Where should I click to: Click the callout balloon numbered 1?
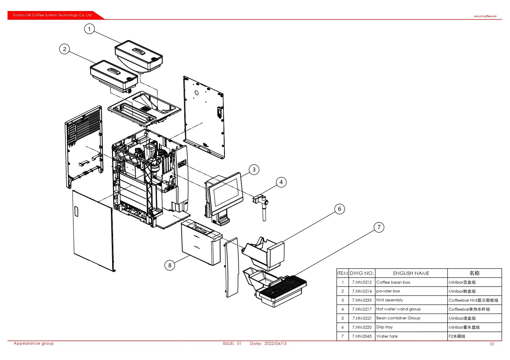[x=89, y=29]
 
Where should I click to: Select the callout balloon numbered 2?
[x=65, y=49]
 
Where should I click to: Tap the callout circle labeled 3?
[x=254, y=170]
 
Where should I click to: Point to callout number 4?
[x=281, y=182]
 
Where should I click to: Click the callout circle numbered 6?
[x=339, y=209]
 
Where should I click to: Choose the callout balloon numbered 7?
[x=379, y=227]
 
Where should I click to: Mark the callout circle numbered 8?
[x=170, y=265]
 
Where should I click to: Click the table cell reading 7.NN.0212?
[x=362, y=282]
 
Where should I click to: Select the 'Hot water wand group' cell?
[x=398, y=309]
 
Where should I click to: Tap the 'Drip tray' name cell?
[x=384, y=327]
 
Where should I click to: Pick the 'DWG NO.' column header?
[x=362, y=273]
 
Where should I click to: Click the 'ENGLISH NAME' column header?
[x=411, y=273]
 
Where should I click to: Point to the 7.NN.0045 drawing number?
[x=362, y=336]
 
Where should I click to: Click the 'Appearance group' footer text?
[x=33, y=343]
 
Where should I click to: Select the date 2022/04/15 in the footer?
[x=275, y=343]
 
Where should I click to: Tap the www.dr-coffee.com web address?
[x=485, y=16]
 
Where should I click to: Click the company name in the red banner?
[x=52, y=15]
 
